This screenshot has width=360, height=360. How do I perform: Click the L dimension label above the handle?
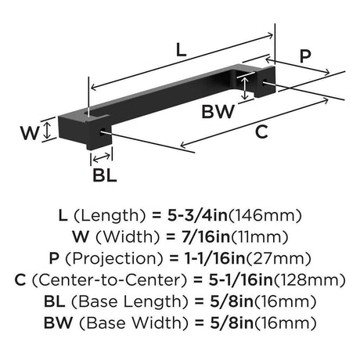click(182, 50)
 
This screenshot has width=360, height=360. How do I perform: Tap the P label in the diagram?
click(305, 56)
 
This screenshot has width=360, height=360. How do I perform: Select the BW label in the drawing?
click(218, 111)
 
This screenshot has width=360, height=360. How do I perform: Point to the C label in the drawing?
click(261, 131)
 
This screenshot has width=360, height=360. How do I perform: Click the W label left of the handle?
click(30, 133)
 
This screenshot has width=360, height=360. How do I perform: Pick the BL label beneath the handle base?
click(105, 175)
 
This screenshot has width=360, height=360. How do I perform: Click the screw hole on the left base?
click(102, 131)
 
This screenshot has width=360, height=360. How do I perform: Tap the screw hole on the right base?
click(264, 82)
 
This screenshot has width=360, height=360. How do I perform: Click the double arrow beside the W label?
click(47, 131)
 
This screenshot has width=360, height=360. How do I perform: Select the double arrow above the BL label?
click(102, 157)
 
